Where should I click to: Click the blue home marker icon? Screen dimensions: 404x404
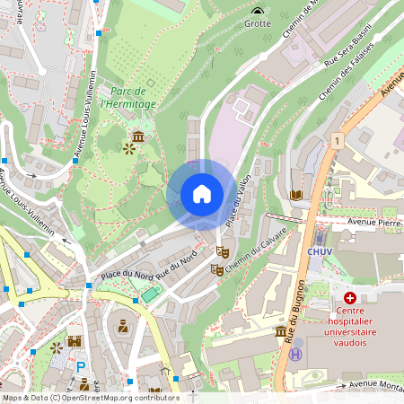201,194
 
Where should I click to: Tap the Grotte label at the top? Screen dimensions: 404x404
259,24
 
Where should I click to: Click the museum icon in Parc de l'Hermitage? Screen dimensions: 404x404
139,136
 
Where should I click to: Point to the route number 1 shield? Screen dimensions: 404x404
337,141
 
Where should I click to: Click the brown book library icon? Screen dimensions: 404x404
295,194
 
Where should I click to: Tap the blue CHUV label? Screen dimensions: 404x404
321,252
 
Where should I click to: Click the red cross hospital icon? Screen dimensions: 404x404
349,297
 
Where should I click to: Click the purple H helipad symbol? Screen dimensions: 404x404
295,354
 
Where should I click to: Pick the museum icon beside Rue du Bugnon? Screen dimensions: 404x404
280,332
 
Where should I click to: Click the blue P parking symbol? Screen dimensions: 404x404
81,367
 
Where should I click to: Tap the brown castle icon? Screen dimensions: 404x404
74,341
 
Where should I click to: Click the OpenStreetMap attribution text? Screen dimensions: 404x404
90,397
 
